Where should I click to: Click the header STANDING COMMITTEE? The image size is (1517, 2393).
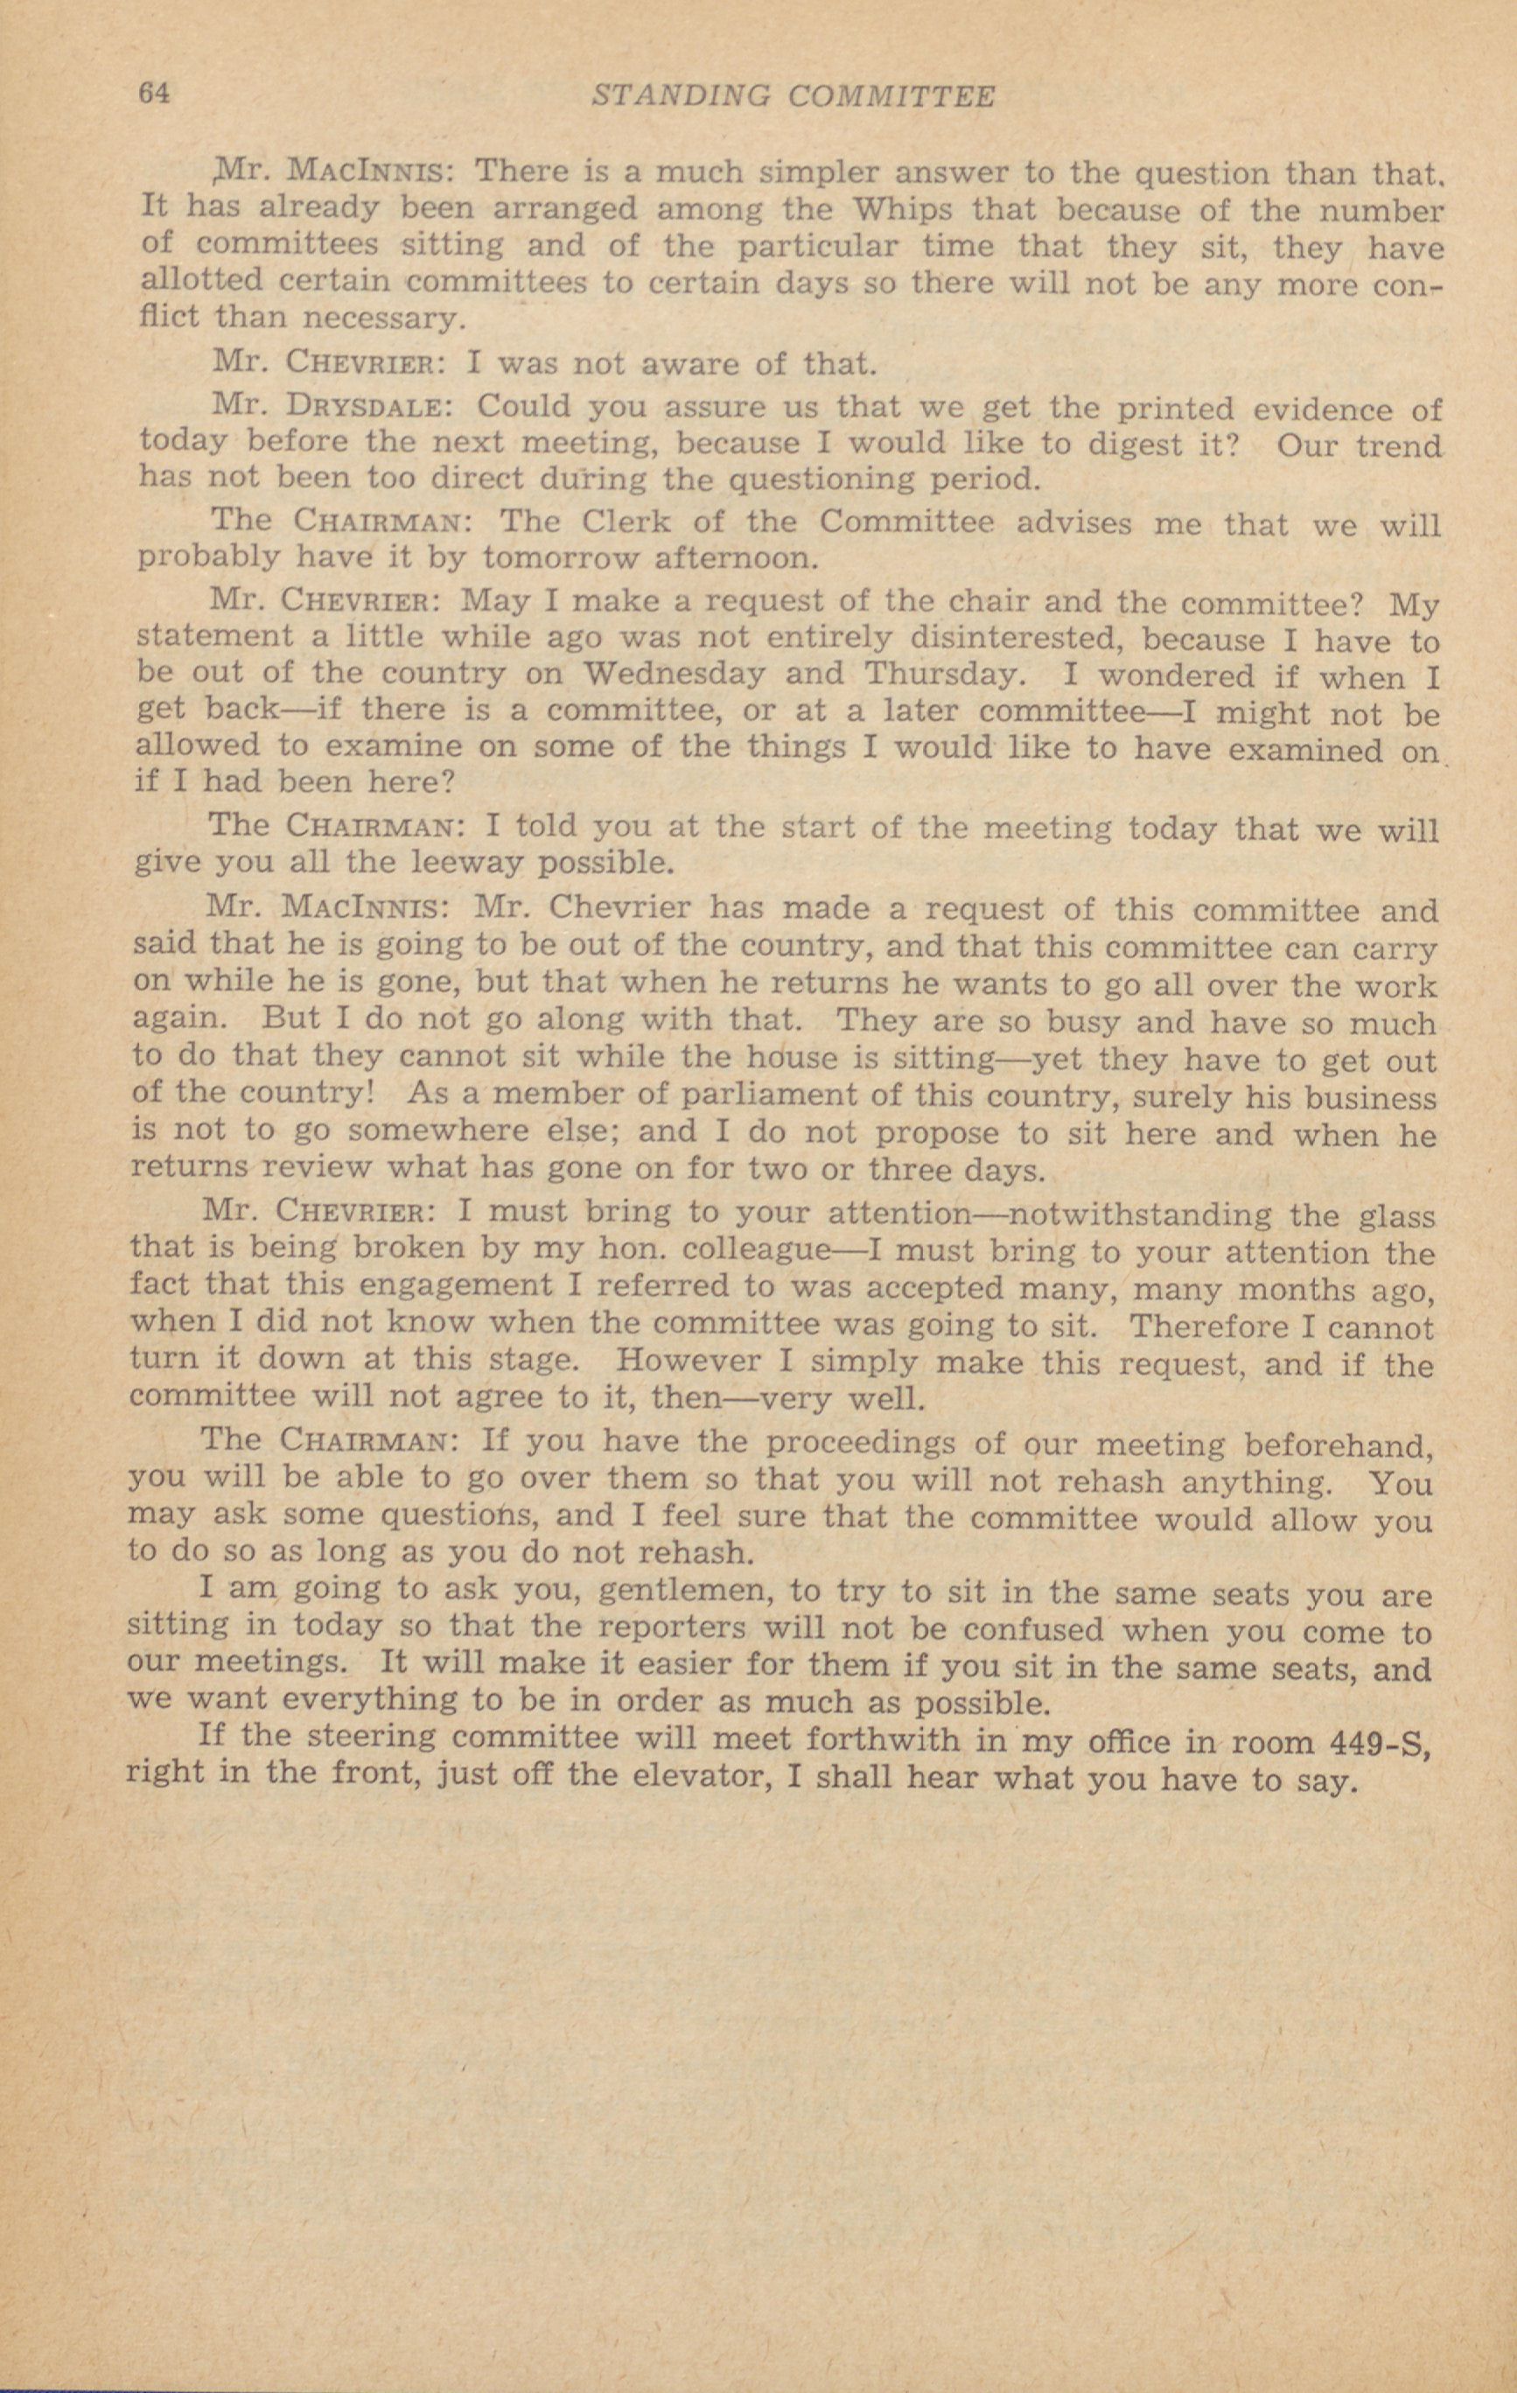(x=793, y=95)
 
